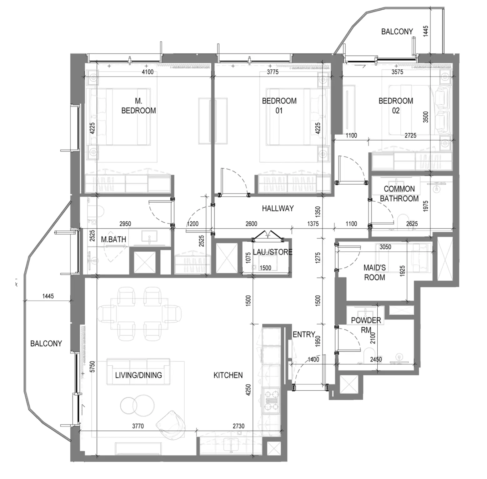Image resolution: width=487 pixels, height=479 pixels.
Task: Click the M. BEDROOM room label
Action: click(138, 106)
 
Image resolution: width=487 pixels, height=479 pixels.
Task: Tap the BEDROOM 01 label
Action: click(279, 106)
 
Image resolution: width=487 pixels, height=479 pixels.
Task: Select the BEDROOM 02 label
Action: click(396, 106)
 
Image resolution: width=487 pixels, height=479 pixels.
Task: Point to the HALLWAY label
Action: click(278, 208)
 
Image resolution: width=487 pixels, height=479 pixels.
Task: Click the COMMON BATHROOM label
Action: click(399, 194)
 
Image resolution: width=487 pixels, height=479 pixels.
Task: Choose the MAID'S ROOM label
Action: click(374, 272)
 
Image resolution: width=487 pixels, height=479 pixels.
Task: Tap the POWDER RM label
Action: click(366, 325)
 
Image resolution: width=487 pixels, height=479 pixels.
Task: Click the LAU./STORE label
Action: click(273, 252)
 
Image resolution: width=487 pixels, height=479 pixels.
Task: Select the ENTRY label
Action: click(304, 334)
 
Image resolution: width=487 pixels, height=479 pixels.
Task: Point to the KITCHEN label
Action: click(228, 375)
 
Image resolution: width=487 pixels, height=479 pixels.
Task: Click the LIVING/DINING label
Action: click(138, 375)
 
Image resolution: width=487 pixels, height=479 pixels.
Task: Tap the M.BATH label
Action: click(113, 240)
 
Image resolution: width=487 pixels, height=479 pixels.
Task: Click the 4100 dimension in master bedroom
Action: click(148, 72)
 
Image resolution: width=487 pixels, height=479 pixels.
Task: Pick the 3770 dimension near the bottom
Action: click(138, 426)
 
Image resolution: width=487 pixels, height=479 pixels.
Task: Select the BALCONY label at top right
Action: click(397, 32)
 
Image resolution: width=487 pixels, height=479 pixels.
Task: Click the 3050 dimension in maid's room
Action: click(385, 247)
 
